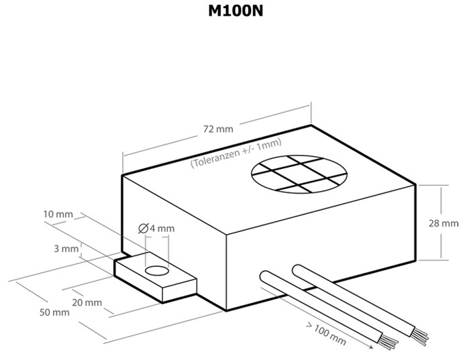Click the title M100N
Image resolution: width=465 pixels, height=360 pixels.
[232, 14]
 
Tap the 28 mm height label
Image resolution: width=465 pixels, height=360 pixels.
[445, 223]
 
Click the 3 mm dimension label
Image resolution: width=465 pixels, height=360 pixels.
[66, 249]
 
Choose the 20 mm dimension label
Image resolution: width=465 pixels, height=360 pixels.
[88, 302]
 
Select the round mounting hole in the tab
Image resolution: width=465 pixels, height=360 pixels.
[156, 270]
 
